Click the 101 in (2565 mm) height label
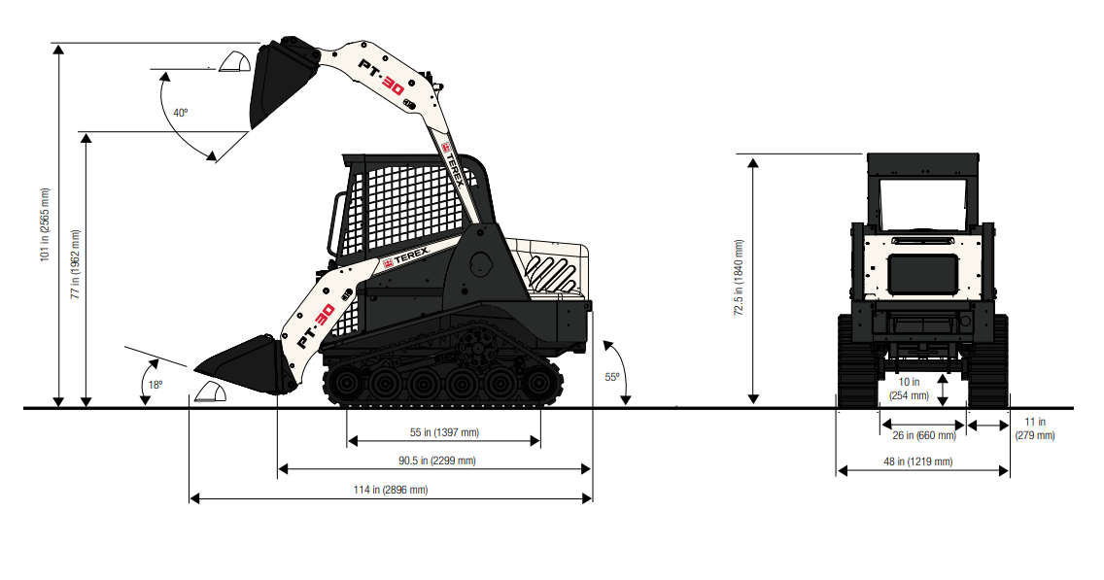45,225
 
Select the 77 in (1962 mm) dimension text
76,264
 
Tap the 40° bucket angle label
181,113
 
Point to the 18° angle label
155,385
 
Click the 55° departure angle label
612,377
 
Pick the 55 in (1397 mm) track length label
444,432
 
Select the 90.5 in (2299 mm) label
437,461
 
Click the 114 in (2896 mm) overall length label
391,490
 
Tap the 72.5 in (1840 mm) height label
739,277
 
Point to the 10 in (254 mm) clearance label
909,389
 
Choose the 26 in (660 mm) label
924,435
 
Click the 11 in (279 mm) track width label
1035,428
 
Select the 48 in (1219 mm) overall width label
918,461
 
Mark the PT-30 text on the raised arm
382,77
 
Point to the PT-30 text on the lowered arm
316,325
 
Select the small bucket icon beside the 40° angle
234,62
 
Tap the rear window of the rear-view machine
922,204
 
